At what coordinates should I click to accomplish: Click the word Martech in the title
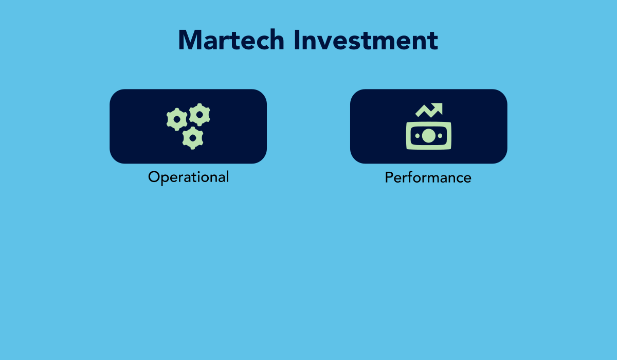(231, 40)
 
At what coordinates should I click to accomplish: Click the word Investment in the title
(366, 40)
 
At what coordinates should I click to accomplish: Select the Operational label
(188, 177)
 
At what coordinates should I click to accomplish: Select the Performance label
(428, 177)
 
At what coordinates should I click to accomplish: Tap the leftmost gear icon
(177, 119)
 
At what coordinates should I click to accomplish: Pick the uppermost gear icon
(199, 115)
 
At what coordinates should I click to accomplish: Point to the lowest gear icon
(193, 138)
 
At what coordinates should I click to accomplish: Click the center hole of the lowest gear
(193, 138)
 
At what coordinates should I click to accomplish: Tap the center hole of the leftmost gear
(177, 119)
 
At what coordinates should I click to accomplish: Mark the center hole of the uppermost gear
(199, 115)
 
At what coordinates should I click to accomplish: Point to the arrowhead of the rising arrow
(438, 107)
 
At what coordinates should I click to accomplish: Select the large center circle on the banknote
(429, 136)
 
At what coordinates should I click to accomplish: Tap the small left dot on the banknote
(418, 136)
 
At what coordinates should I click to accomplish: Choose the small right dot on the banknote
(440, 136)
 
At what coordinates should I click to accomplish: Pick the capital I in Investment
(297, 40)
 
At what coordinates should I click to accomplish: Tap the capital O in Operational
(155, 176)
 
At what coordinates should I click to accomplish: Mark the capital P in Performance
(389, 177)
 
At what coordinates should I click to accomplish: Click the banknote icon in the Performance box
(429, 136)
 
